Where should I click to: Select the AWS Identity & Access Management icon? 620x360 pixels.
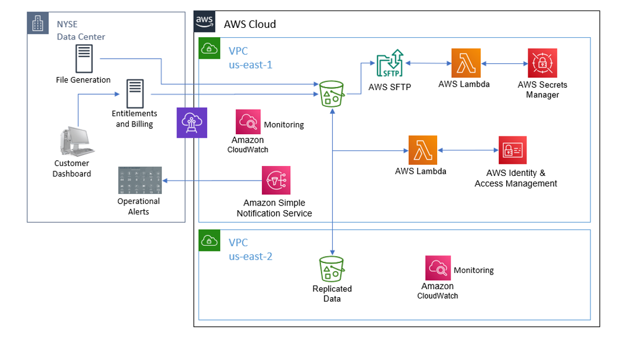click(513, 150)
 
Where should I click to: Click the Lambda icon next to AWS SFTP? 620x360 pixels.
click(467, 63)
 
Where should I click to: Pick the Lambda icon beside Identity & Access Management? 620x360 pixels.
click(423, 150)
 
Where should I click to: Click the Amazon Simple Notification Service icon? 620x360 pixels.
click(276, 181)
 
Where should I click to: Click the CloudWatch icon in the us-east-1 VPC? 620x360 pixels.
click(248, 122)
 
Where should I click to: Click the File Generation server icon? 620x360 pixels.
click(84, 59)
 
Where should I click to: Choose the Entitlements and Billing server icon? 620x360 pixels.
click(135, 93)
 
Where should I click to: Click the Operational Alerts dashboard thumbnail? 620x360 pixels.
click(139, 181)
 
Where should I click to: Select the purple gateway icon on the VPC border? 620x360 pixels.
click(192, 123)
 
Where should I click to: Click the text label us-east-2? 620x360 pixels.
click(251, 256)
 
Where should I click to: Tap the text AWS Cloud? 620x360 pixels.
click(250, 24)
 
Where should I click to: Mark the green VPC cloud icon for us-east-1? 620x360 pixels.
click(209, 48)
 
